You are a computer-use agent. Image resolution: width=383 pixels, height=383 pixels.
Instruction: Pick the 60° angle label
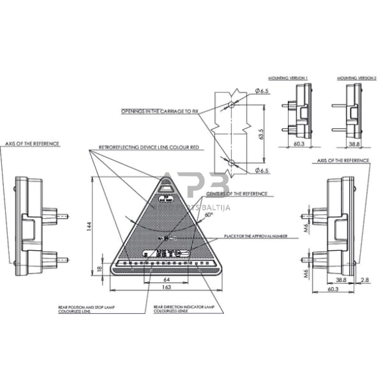tap(208, 214)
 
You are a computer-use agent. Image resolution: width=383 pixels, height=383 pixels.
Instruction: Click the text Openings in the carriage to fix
tap(160, 111)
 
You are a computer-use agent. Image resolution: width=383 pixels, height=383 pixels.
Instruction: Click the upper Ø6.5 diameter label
tap(262, 92)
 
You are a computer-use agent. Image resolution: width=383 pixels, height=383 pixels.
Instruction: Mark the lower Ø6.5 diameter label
tap(262, 171)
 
